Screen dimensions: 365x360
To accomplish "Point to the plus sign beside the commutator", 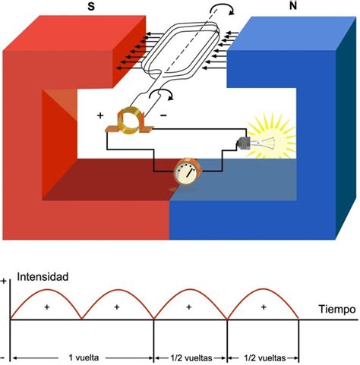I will [x=99, y=116].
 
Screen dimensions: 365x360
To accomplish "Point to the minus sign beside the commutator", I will [x=163, y=115].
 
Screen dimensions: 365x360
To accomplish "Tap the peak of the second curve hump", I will [x=118, y=291].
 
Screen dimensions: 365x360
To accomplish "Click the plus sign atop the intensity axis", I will [x=5, y=281].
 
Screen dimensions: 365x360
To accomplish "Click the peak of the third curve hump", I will [x=191, y=291].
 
